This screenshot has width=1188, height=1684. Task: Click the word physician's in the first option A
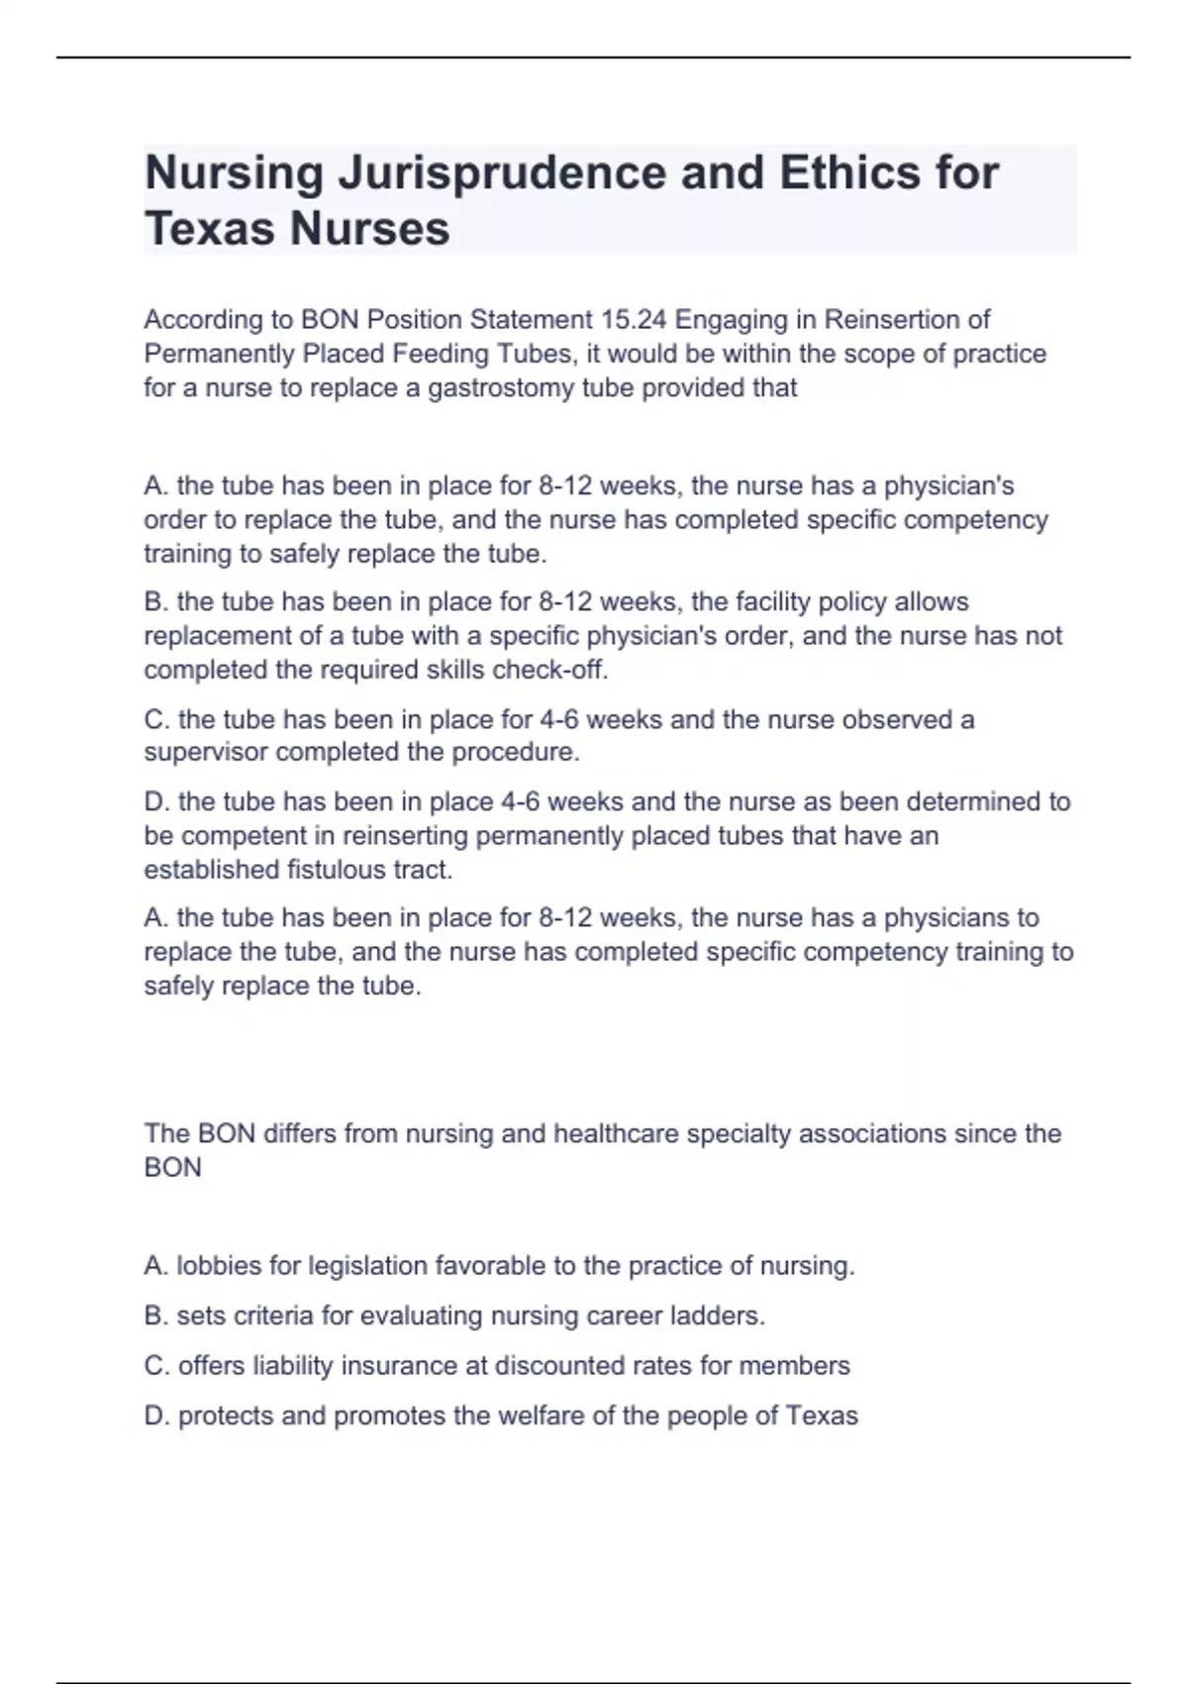coord(948,486)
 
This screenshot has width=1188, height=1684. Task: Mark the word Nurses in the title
coord(369,229)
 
